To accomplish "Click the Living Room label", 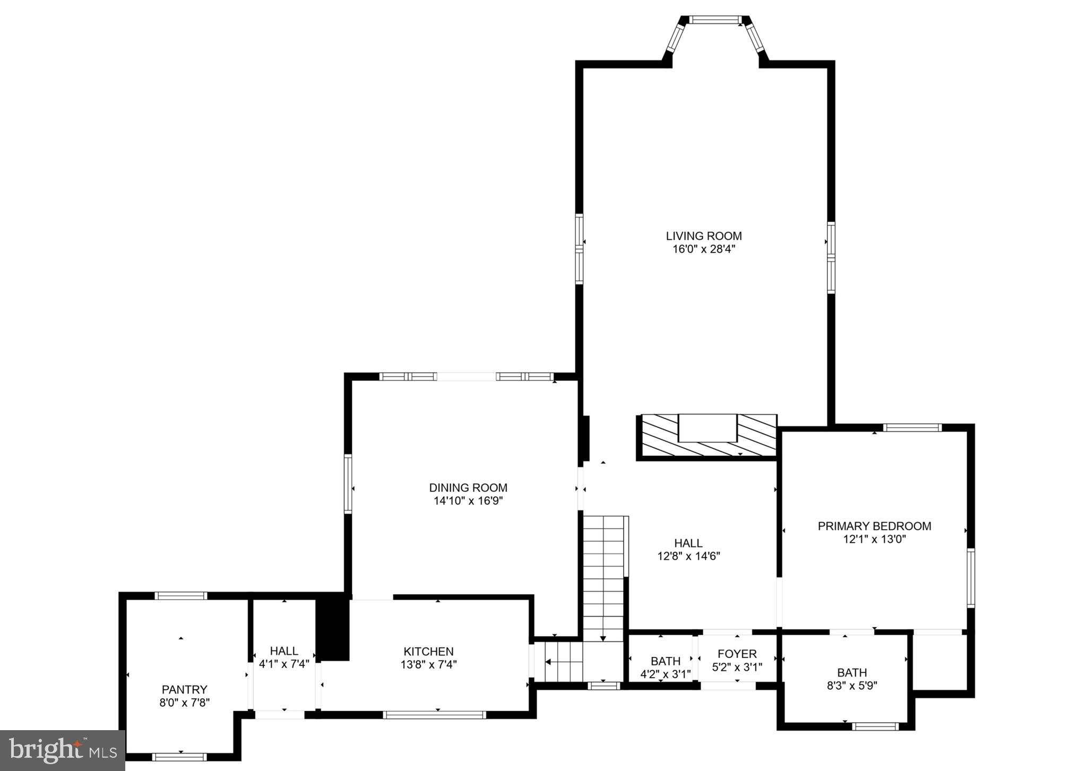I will [x=704, y=236].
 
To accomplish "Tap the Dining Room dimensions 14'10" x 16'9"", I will [x=468, y=500].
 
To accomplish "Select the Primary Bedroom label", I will [x=874, y=526].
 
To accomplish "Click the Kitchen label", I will [x=428, y=651].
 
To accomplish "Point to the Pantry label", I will [x=184, y=689].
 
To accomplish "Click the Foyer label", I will [x=737, y=654].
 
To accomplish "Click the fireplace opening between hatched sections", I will [x=708, y=428].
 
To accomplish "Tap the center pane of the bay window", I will [x=715, y=20].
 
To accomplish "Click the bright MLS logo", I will [x=63, y=750].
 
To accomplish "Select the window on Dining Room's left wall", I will [x=348, y=483].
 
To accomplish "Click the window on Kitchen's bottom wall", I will [x=434, y=715].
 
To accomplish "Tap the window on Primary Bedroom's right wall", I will [x=970, y=577].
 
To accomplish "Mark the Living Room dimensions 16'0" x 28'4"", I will [x=704, y=249].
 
